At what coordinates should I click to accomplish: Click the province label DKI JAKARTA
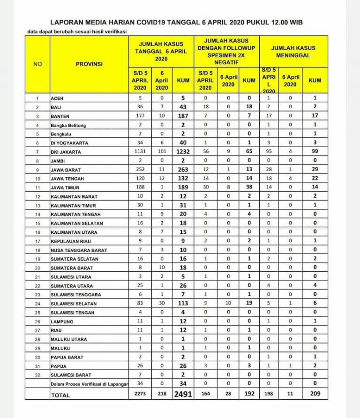pos(66,152)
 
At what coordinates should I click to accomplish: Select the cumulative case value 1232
pos(183,152)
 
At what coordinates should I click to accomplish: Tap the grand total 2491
pos(183,394)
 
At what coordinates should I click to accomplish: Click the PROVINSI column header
pos(89,64)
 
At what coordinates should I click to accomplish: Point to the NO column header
pos(37,64)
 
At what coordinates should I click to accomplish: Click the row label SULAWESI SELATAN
pos(70,304)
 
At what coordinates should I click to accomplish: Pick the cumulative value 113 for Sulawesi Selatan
pos(183,303)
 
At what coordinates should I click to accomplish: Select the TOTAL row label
pos(60,395)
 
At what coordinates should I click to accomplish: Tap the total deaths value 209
pos(315,394)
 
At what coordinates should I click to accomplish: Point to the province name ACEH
pos(56,99)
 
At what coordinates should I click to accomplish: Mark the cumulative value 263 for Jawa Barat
pos(183,170)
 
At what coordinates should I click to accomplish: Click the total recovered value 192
pos(249,394)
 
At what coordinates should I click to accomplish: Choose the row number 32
pos(37,375)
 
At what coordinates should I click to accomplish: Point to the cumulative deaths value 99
pos(315,152)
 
